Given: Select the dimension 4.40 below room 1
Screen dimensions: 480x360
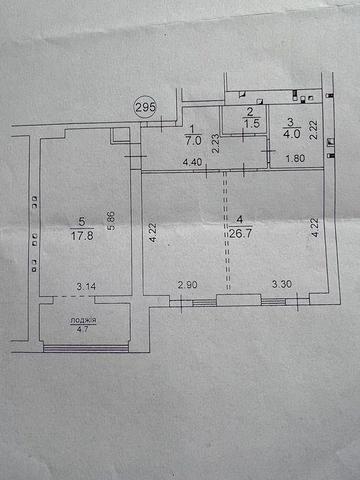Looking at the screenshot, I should tap(193, 161).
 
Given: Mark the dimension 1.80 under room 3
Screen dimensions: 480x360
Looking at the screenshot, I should tap(297, 161).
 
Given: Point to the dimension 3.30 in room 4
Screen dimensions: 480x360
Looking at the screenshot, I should tap(284, 286).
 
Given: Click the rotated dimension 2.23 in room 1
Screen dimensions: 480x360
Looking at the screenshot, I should tap(217, 146).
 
